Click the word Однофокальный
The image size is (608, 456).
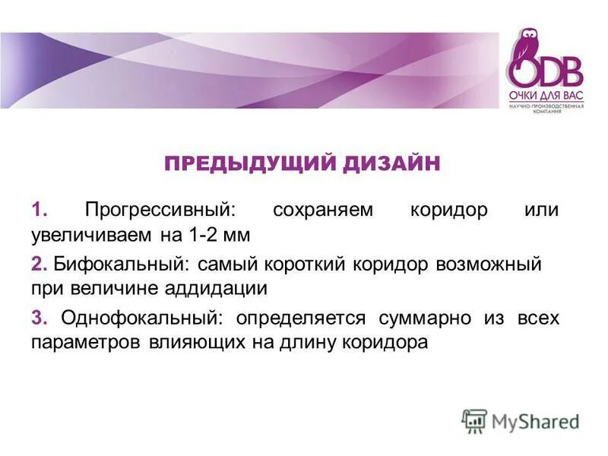[142, 318]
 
